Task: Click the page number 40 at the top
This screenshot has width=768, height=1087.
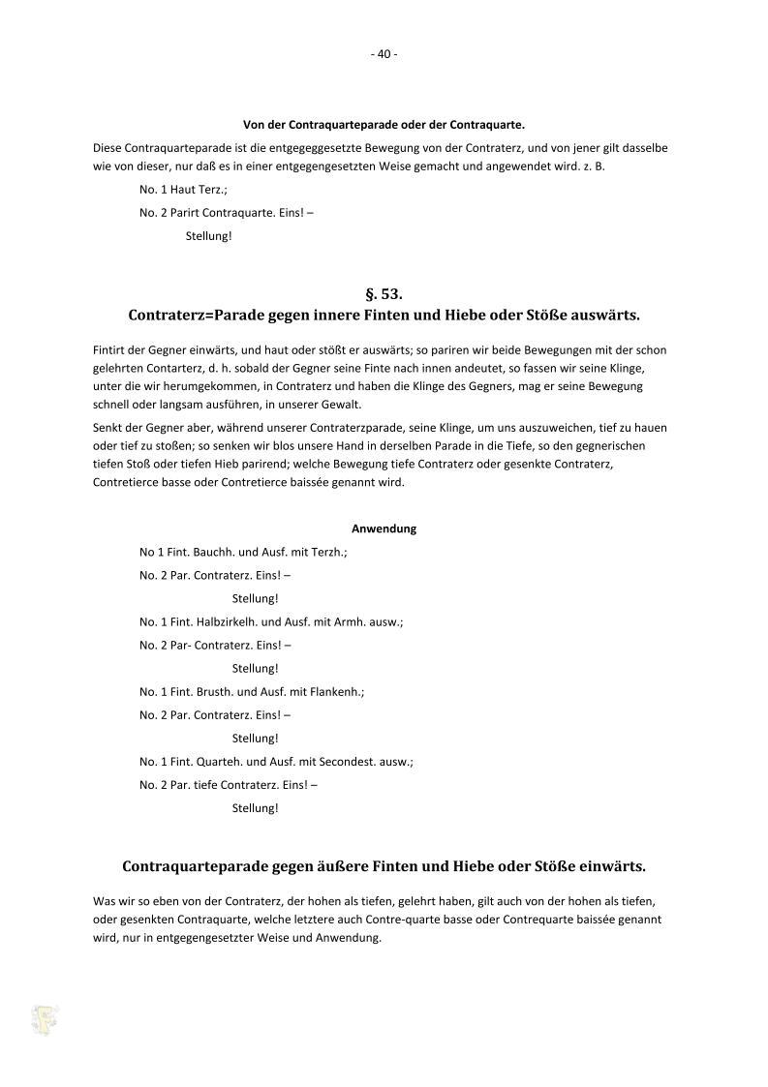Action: coord(384,54)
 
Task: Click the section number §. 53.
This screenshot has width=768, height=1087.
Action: coord(384,293)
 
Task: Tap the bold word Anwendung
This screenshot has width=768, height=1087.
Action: coord(384,528)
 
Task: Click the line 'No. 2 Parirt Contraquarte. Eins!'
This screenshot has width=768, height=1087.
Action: coord(226,212)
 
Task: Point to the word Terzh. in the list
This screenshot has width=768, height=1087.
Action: coord(326,552)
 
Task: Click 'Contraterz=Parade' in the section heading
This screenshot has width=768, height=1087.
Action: coord(198,316)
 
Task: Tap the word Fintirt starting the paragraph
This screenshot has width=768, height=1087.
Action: coord(110,349)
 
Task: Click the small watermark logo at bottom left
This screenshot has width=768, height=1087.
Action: coord(44,1018)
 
